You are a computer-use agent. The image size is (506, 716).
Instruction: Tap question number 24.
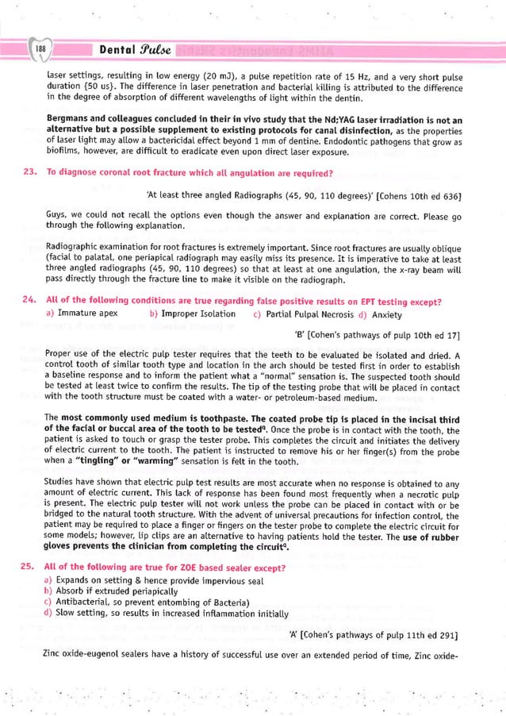click(x=28, y=301)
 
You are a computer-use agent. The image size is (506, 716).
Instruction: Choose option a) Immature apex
click(x=82, y=314)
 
